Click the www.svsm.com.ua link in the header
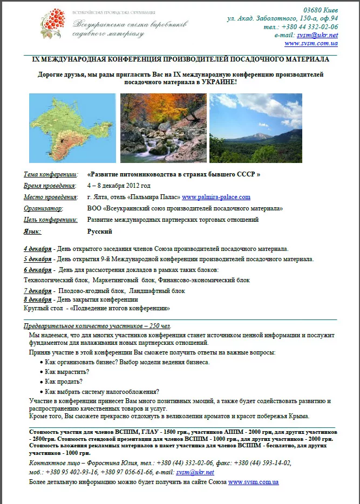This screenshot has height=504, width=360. click(311, 43)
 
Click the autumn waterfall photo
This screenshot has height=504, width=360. click(163, 128)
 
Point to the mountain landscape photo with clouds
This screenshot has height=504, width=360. click(256, 128)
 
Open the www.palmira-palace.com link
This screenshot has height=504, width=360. click(216, 197)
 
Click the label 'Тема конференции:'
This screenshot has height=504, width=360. click(51, 174)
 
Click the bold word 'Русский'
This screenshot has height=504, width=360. click(100, 231)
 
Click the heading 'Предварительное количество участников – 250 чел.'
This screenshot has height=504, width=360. click(97, 326)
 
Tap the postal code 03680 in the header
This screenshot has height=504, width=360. click(315, 10)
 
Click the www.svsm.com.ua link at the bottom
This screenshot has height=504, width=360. click(253, 481)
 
